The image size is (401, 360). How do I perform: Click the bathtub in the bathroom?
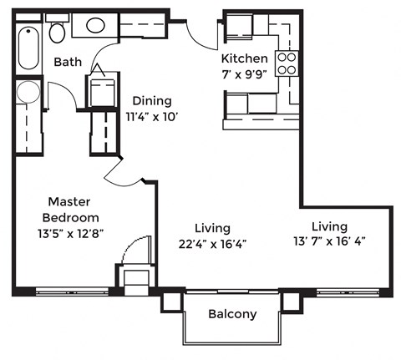coord(28,48)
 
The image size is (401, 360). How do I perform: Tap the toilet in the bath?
coord(57,32)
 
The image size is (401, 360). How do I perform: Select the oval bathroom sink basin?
coord(95,24)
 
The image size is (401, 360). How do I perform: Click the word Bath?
coord(67,63)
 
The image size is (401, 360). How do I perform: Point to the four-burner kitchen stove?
coord(287,63)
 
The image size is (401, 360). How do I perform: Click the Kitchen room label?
coord(244,58)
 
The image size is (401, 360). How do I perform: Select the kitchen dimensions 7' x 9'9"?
coord(244,74)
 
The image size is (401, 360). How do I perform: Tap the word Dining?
coord(151,101)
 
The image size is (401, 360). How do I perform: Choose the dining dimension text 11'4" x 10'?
coord(152,117)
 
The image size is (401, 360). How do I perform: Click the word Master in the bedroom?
coord(69,201)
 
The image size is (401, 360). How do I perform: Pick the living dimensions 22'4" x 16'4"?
coord(212,244)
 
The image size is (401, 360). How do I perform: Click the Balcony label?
coord(232,315)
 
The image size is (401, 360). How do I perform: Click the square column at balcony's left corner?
coord(171,300)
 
